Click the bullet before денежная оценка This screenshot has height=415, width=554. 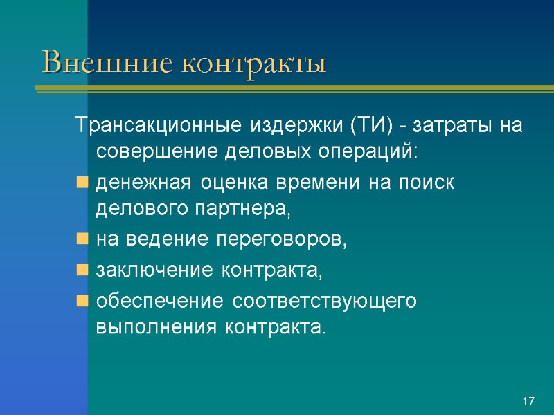pos(82,184)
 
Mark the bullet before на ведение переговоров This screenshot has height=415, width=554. pos(82,241)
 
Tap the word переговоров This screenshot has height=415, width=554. pos(280,241)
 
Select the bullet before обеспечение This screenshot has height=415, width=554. pos(82,302)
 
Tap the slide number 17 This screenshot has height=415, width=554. pos(529,402)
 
